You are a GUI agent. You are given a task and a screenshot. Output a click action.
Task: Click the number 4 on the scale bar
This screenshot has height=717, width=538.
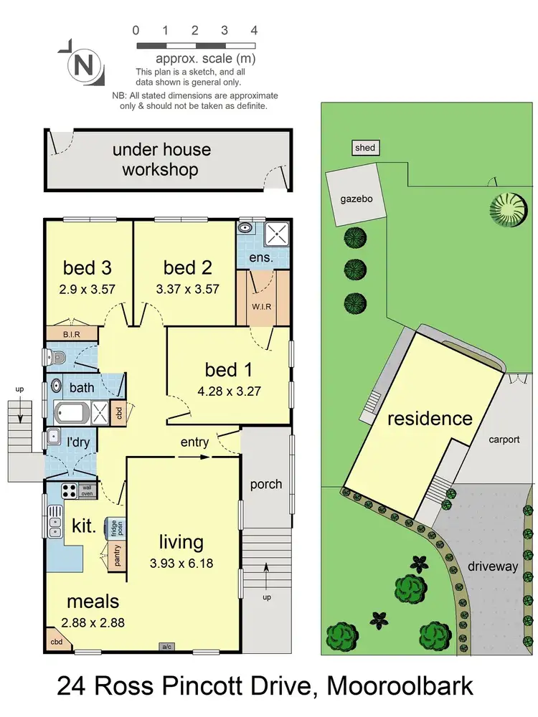[254, 30]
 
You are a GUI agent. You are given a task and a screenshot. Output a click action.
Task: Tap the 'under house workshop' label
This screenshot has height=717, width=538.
[161, 160]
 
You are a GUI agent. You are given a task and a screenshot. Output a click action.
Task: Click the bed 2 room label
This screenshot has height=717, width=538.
[187, 268]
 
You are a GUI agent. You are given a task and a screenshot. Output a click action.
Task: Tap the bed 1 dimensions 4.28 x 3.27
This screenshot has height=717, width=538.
[230, 394]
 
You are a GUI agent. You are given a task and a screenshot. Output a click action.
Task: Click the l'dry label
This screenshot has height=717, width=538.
[77, 442]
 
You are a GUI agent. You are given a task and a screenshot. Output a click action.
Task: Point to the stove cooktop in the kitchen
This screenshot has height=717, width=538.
[70, 491]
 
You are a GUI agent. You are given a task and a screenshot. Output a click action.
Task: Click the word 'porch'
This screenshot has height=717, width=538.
[265, 484]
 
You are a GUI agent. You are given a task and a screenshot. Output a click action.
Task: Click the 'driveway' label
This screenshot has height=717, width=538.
[492, 566]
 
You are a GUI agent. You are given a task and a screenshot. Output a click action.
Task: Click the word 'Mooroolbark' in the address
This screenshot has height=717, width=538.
[400, 685]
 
